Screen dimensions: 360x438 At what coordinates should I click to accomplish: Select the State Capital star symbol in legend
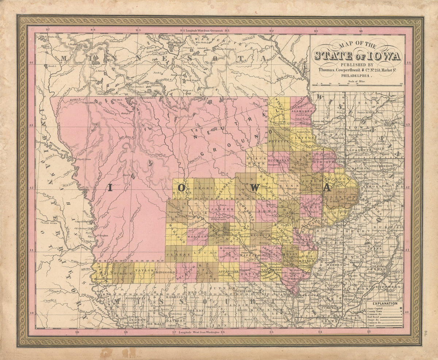tap(401, 308)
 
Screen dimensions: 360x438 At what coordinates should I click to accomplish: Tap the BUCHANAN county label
tap(278, 160)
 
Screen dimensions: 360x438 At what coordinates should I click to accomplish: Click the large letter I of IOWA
tap(110, 188)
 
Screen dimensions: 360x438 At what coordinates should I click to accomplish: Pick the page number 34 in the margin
tap(426, 332)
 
